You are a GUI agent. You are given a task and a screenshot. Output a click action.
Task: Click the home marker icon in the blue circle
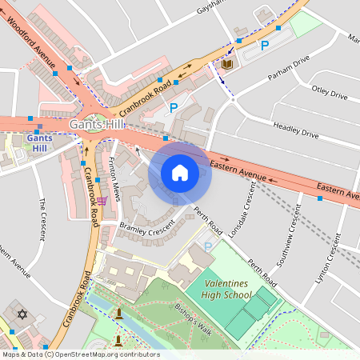pyautogui.click(x=180, y=173)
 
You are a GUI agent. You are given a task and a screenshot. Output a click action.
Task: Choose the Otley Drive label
pyautogui.click(x=330, y=94)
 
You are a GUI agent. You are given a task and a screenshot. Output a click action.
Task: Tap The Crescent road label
pyautogui.click(x=39, y=216)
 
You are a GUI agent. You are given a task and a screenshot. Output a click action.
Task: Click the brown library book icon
pyautogui.click(x=227, y=64)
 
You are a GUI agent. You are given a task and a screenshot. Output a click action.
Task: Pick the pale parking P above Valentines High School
pyautogui.click(x=208, y=248)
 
